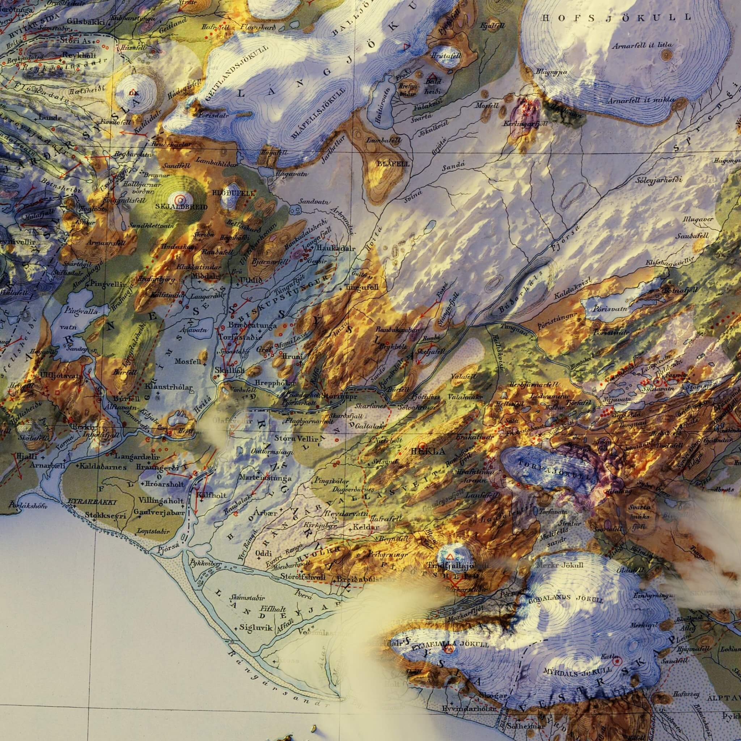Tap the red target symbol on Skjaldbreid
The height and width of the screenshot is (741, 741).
179,199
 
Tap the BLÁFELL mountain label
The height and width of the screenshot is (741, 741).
394,164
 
